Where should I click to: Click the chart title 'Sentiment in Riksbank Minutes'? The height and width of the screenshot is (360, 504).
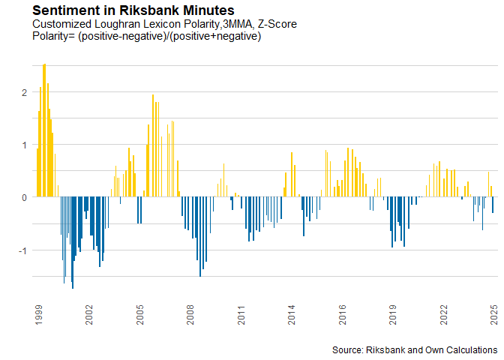tap(133, 10)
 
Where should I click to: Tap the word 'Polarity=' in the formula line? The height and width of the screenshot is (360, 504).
tap(54, 36)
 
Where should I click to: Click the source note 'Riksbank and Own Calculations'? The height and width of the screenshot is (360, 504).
tap(432, 349)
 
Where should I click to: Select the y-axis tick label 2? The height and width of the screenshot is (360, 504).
tap(25, 92)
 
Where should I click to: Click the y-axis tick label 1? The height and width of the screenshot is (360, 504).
tap(25, 145)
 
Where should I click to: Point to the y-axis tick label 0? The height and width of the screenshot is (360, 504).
tap(25, 198)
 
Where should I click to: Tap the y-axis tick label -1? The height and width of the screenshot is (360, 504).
tap(22, 250)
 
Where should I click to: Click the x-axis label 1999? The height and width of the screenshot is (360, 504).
tap(38, 315)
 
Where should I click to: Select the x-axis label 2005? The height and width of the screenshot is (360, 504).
tap(140, 315)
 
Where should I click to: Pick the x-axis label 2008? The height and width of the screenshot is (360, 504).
tap(190, 315)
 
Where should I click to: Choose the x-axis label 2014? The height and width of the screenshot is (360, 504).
tap(292, 315)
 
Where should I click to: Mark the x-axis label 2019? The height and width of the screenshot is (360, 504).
tap(393, 315)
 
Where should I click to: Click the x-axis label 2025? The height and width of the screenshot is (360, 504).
tap(494, 315)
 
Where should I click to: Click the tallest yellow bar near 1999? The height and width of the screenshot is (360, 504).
tap(44, 130)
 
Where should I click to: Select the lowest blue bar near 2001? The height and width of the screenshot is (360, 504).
tap(73, 243)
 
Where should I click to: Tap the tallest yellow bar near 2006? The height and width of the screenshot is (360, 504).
tap(153, 145)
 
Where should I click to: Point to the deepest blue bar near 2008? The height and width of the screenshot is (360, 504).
tap(200, 236)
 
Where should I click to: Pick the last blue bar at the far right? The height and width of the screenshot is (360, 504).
tap(493, 205)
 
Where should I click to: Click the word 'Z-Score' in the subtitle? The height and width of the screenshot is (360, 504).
tap(277, 24)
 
